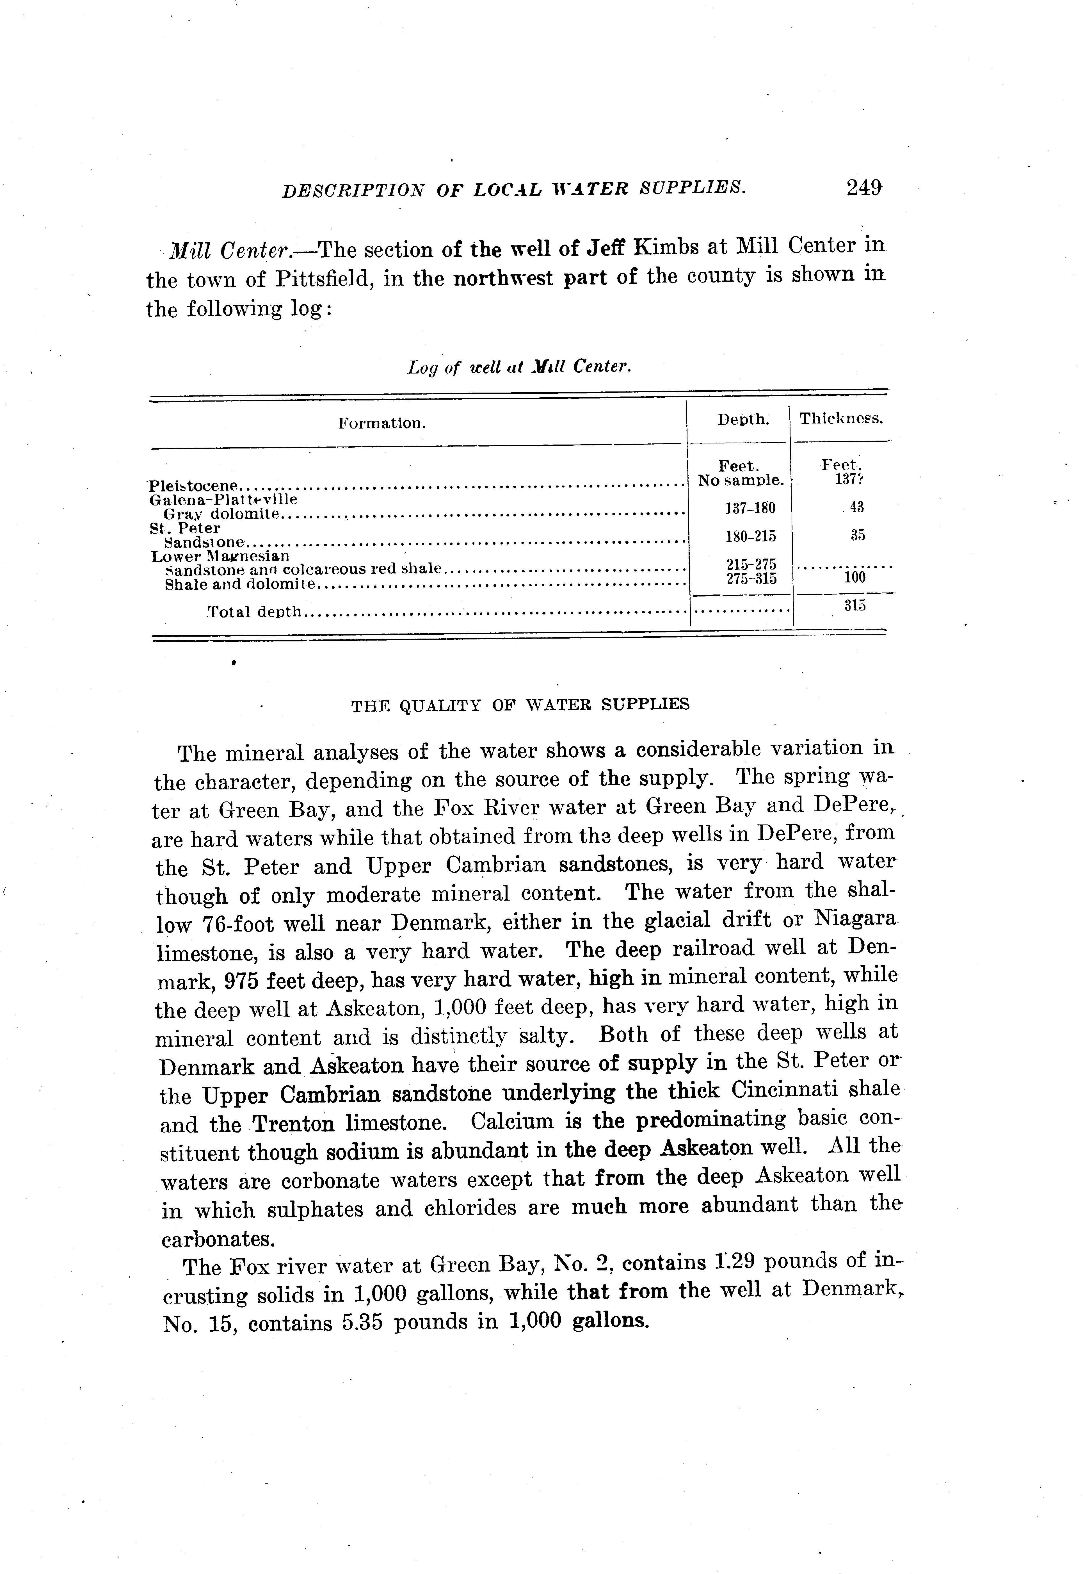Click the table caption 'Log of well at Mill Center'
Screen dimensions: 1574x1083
pyautogui.click(x=519, y=367)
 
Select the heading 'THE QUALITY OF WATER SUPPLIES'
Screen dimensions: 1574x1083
pyautogui.click(x=520, y=705)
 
